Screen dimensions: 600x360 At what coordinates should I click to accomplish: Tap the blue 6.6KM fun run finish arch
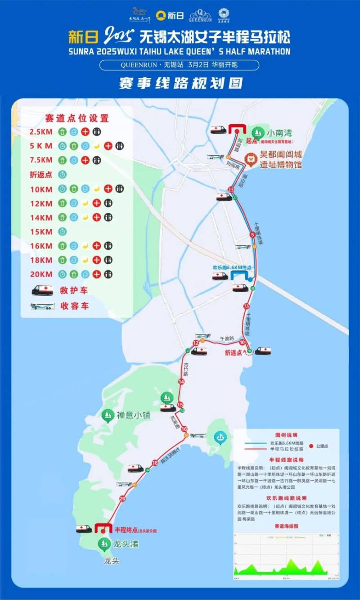click(x=239, y=275)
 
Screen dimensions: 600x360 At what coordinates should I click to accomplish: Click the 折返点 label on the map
click(x=234, y=353)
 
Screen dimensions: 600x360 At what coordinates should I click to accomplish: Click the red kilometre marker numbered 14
click(x=181, y=382)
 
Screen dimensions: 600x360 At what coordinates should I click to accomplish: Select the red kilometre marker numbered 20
click(x=122, y=498)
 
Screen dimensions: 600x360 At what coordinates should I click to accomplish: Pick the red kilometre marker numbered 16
click(x=184, y=429)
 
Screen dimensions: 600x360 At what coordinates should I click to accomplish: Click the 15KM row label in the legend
click(x=41, y=232)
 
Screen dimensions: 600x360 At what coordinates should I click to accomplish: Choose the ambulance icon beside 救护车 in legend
click(x=42, y=290)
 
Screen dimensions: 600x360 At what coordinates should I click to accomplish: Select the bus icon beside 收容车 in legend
click(x=42, y=306)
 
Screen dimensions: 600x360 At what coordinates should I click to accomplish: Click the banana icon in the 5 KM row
click(x=96, y=146)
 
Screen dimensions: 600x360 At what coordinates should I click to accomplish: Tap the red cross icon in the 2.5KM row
click(x=85, y=132)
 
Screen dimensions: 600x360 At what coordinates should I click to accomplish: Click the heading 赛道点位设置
click(x=77, y=118)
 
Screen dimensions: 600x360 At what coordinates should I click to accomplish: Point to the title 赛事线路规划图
click(x=180, y=83)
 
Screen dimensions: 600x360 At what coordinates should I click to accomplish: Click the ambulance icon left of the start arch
click(x=219, y=130)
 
